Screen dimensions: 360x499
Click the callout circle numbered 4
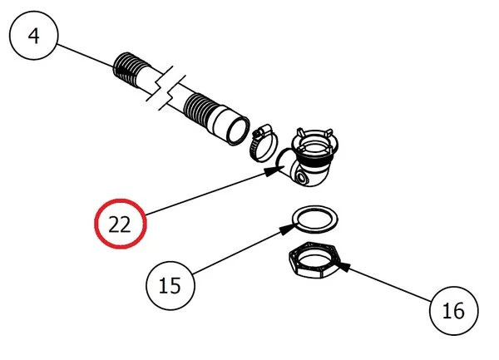pyautogui.click(x=33, y=38)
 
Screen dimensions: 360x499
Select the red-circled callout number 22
pyautogui.click(x=121, y=225)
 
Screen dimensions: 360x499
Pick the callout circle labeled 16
pyautogui.click(x=454, y=311)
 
